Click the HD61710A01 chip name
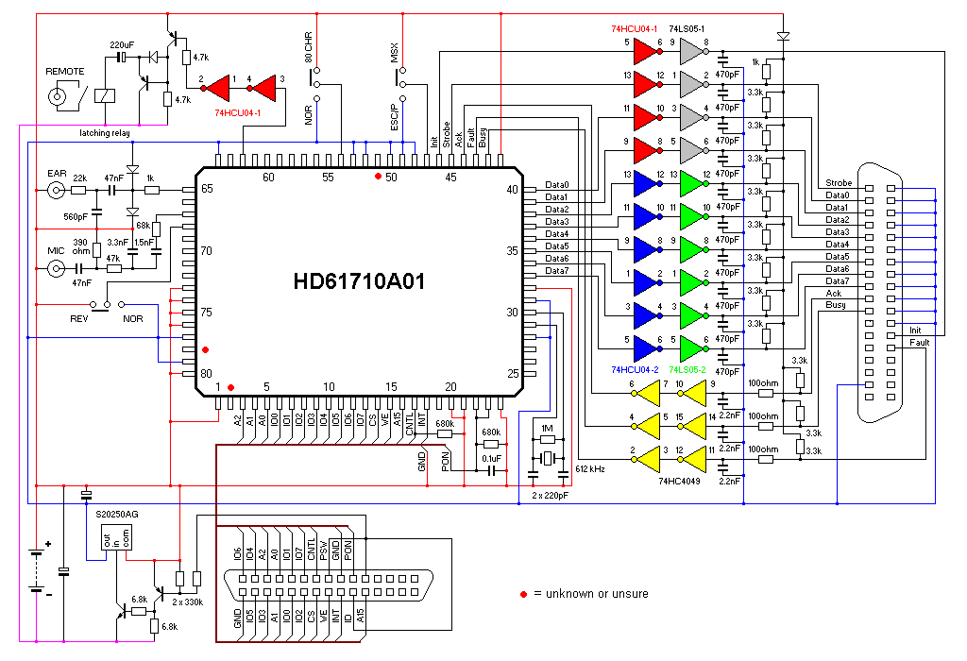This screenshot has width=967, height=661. click(x=360, y=280)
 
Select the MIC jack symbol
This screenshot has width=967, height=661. click(x=57, y=269)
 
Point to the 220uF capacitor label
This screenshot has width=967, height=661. click(x=123, y=44)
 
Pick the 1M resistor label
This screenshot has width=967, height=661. click(x=546, y=427)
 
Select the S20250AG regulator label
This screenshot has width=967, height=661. click(x=118, y=514)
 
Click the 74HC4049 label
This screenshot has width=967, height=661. click(x=679, y=481)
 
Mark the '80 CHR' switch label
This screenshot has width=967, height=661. click(x=308, y=47)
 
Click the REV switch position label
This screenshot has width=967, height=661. click(x=79, y=319)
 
